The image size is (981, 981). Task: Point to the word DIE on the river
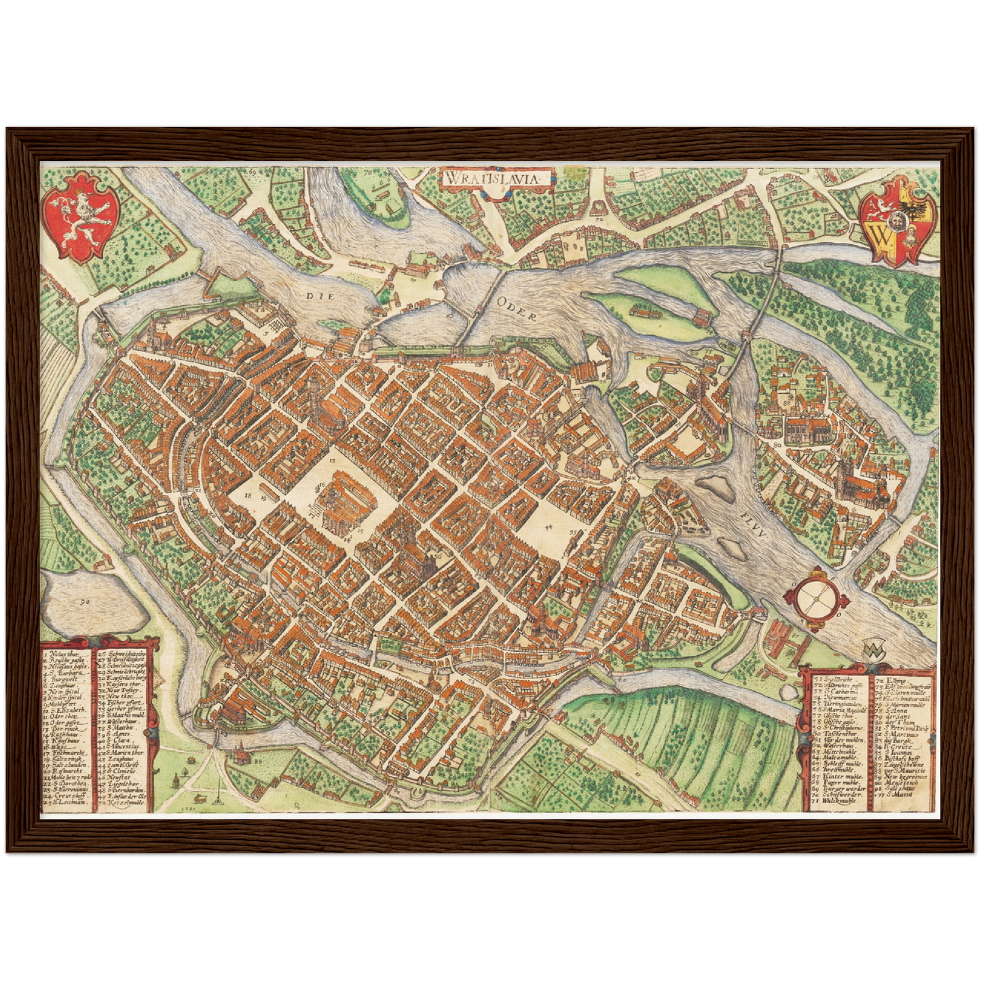pos(316,296)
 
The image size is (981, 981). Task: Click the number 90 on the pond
pos(84,601)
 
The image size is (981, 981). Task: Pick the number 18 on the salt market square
pos(248,496)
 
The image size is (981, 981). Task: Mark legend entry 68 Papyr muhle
pos(836,783)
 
